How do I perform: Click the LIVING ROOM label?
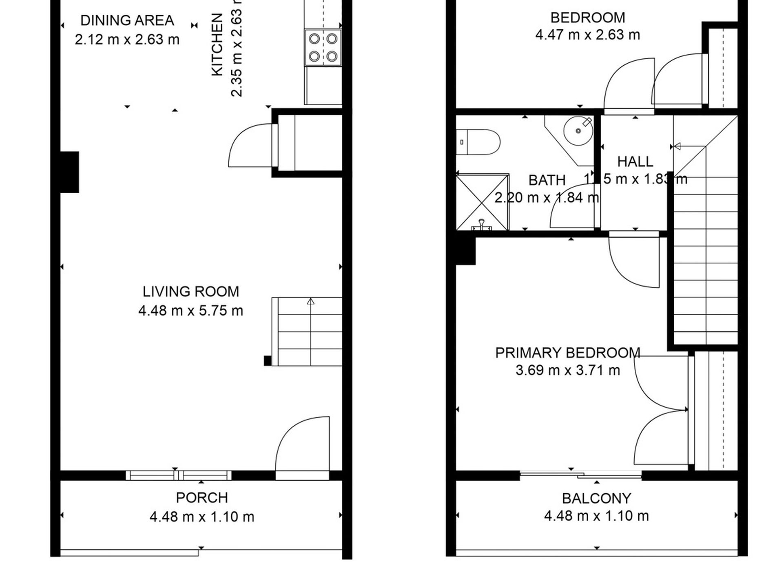coord(190,292)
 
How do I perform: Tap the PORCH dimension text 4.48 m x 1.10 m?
coord(202,517)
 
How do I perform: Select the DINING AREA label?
coord(127,20)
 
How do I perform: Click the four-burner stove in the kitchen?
coord(323,47)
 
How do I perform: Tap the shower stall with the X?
coord(482,202)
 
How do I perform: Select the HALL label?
coord(635,162)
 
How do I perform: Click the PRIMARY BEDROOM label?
coord(567,353)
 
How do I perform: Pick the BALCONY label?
coord(596,498)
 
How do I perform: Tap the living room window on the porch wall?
coord(178,475)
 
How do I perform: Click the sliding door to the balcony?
coord(580,475)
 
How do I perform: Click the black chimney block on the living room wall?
coord(70,172)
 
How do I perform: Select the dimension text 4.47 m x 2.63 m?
coord(587,35)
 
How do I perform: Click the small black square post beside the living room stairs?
coord(268,360)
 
